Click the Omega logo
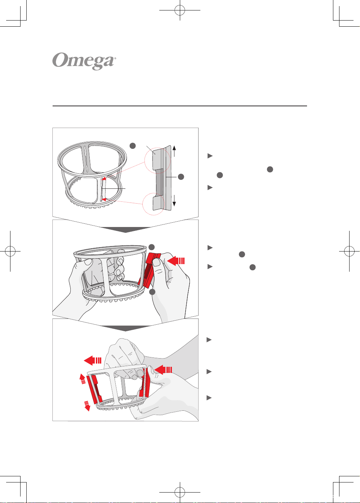coord(84,61)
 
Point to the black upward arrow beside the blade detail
coord(174,151)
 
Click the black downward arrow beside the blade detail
coord(174,201)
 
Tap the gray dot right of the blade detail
coord(181,177)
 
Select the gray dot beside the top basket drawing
coord(133,146)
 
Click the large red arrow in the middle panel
coord(176,261)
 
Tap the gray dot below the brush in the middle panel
coord(152,292)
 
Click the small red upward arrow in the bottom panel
coord(83,379)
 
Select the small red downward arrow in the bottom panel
coord(87,406)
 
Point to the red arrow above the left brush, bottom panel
coord(93,360)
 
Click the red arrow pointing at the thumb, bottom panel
coord(163,370)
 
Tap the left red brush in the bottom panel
coord(94,389)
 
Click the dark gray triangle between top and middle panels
coord(125,230)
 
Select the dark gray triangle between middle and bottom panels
coord(125,328)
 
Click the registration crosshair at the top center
coord(180,10)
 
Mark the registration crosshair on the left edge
coord(10,251)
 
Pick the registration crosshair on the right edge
coord(349,251)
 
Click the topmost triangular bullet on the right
coord(210,156)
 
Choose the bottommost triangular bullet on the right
coord(209,398)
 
